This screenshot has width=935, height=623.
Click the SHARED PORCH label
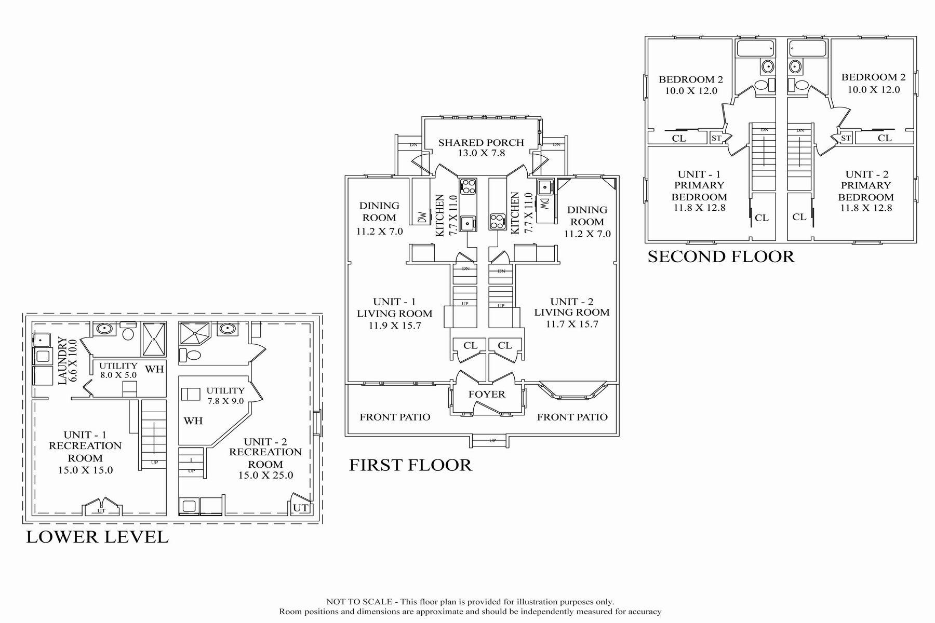[x=481, y=142]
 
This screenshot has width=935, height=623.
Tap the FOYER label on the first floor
[x=487, y=394]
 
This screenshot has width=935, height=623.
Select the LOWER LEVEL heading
[x=98, y=537]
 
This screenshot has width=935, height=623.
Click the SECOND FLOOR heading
[x=721, y=256]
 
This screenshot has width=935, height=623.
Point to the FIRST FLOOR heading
[x=410, y=465]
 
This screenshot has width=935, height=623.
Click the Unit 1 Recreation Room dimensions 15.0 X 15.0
[x=85, y=470]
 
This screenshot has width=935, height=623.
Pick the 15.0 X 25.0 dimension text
[x=265, y=475]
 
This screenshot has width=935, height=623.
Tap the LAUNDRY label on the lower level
[x=62, y=361]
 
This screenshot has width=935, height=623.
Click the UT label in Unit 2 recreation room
[x=301, y=508]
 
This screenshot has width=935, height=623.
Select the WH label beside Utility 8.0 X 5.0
[x=154, y=369]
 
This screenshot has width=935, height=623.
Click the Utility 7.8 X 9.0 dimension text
[x=225, y=401]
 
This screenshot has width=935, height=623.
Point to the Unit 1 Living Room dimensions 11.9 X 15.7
[x=394, y=326]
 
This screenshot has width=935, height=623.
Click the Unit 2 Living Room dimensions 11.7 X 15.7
[x=572, y=324]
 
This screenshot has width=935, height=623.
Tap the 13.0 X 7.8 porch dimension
[x=482, y=153]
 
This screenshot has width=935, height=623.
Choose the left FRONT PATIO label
[x=395, y=417]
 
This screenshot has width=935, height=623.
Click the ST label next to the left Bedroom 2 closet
[x=716, y=138]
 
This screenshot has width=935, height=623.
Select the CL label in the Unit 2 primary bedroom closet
[x=799, y=216]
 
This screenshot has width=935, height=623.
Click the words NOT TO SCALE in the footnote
[x=359, y=602]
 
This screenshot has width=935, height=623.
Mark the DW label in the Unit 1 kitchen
[x=422, y=217]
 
